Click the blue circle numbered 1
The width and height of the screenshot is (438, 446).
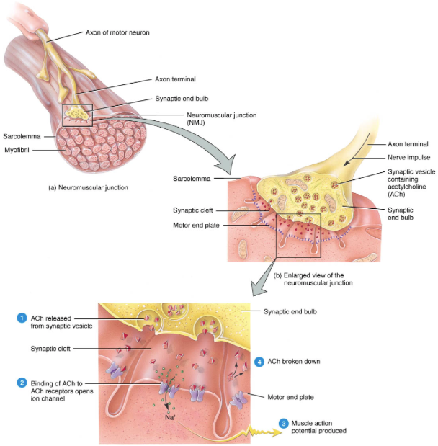click(x=22, y=318)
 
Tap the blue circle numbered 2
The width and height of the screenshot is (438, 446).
click(x=22, y=383)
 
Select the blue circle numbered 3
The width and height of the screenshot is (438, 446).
click(x=283, y=424)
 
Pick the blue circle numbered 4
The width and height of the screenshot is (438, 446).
click(x=259, y=362)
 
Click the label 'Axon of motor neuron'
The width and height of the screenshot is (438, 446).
click(x=117, y=32)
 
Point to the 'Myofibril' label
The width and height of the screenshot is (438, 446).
click(x=17, y=150)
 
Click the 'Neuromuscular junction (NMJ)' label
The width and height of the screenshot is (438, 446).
click(x=222, y=119)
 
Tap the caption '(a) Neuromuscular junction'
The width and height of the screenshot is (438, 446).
click(x=88, y=187)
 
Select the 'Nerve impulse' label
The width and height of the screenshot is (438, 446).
click(x=408, y=157)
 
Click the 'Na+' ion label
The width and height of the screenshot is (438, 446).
click(x=170, y=417)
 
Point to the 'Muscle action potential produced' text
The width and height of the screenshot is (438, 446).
click(x=319, y=427)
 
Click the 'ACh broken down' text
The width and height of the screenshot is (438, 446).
click(x=294, y=361)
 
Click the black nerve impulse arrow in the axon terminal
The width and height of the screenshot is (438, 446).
click(x=357, y=149)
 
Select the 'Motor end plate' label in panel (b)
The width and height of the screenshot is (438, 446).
click(x=196, y=226)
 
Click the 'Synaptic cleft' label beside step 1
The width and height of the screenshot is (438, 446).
click(x=50, y=349)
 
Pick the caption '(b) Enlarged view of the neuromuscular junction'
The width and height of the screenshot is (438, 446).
click(x=313, y=279)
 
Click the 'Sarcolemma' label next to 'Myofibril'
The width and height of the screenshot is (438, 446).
click(x=22, y=136)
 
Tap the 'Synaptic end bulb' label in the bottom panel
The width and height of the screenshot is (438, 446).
click(x=290, y=311)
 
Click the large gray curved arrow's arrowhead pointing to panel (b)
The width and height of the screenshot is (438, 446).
click(x=227, y=165)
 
